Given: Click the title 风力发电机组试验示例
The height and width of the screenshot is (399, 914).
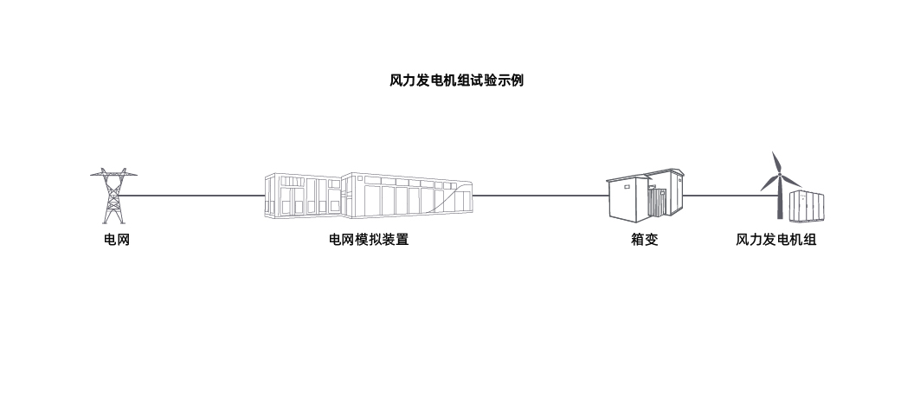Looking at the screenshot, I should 456,80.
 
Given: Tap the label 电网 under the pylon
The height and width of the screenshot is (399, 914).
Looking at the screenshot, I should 116,240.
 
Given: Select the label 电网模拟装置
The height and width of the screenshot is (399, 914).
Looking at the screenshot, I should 368,240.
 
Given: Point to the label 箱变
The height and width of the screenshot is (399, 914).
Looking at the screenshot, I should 644,240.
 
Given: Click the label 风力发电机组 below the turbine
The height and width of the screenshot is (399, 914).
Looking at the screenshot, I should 776,240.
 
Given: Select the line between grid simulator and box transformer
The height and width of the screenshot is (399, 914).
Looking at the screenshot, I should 541,196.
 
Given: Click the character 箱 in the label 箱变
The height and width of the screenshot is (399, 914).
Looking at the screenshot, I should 637,240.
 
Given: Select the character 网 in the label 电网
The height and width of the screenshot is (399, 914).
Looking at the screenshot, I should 123,240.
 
